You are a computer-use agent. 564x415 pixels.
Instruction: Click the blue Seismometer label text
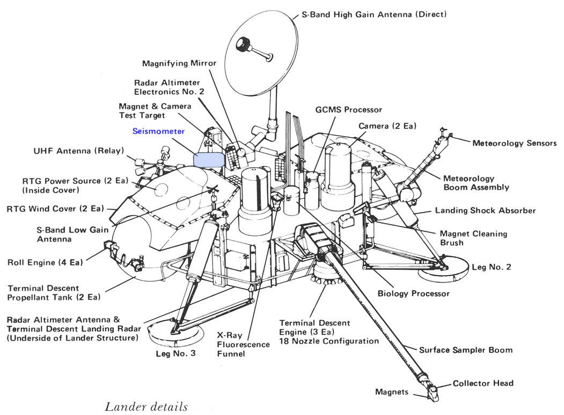pos(158,131)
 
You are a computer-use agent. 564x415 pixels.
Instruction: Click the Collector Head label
pos(483,383)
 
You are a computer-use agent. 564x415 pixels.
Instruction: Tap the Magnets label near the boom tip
pos(392,392)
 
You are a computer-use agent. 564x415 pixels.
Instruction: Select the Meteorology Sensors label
pos(514,143)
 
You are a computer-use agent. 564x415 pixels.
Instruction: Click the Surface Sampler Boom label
pos(466,350)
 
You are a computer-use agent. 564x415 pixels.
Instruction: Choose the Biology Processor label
pos(414,293)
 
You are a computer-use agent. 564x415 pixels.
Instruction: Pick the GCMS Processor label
pos(349,109)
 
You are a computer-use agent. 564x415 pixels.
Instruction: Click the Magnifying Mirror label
pos(179,63)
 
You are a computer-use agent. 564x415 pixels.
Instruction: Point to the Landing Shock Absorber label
pos(485,211)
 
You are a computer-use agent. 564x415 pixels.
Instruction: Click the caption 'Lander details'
pos(146,407)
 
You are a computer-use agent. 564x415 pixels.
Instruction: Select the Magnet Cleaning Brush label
pos(473,238)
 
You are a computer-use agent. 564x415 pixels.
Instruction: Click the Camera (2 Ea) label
pos(387,126)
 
